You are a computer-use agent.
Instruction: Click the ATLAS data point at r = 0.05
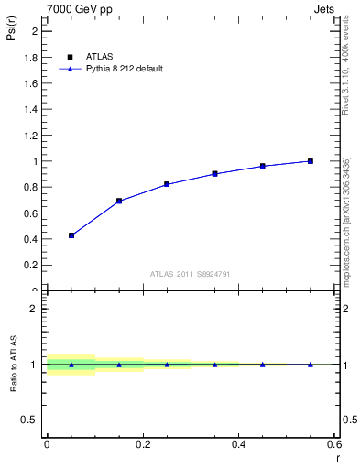click(71, 235)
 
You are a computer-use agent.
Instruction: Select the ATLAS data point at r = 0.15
click(119, 201)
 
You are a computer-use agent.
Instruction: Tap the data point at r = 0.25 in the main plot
click(167, 184)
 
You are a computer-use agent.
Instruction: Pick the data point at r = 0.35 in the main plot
click(214, 173)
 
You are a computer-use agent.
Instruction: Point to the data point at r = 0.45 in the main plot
click(263, 166)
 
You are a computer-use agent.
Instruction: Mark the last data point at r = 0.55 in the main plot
click(311, 161)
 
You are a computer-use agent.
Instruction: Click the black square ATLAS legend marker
click(70, 57)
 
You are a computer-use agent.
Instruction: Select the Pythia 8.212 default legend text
click(124, 69)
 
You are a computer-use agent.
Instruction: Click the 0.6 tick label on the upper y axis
click(31, 213)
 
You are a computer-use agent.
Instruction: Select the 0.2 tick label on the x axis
click(142, 443)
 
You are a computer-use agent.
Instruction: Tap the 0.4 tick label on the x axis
click(238, 443)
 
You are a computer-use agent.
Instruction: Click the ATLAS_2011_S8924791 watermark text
click(190, 273)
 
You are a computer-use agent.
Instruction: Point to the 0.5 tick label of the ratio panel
click(31, 420)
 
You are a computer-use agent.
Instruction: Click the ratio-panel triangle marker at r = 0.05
click(71, 365)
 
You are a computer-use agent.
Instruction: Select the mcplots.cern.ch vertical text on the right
click(346, 234)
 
